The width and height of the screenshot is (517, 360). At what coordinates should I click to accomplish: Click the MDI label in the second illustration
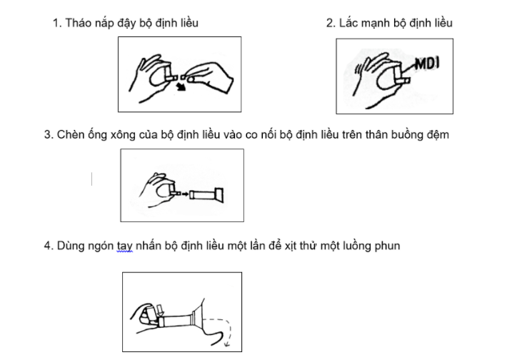tap(427, 64)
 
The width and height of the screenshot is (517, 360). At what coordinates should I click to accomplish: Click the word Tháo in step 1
tap(78, 23)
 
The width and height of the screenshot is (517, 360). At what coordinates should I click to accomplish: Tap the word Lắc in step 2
tap(348, 22)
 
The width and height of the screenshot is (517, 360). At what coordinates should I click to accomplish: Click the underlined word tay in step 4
tap(125, 246)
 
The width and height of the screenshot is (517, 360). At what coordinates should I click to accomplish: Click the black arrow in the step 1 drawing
tap(181, 87)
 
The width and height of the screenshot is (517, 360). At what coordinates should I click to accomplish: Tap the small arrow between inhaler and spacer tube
tap(185, 194)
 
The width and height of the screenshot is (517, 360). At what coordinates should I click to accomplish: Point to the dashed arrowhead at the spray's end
tap(227, 344)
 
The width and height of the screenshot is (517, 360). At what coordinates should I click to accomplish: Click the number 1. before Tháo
tap(57, 23)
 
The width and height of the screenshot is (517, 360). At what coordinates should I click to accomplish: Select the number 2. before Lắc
tap(331, 23)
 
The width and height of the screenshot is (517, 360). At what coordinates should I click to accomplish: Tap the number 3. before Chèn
tap(49, 135)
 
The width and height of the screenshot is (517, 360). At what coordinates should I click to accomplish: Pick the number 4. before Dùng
tap(49, 246)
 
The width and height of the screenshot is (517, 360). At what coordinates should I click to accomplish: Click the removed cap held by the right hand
tap(184, 78)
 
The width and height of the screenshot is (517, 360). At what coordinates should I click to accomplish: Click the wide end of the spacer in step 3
tap(219, 195)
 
